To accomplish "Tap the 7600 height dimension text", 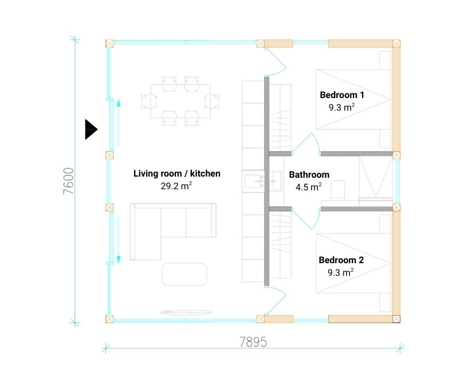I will [69, 182].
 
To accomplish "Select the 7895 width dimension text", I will [253, 342].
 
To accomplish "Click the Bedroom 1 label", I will [342, 95].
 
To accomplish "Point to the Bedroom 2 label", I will [341, 260].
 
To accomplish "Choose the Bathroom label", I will [309, 174].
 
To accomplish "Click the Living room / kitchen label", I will [176, 173].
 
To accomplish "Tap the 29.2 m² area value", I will [176, 186].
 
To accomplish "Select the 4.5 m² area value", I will [309, 186].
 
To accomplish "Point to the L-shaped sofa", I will [166, 226].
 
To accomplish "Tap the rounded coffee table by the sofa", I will [184, 273].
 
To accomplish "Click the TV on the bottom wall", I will [186, 312].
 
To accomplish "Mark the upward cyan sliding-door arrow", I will [119, 104].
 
